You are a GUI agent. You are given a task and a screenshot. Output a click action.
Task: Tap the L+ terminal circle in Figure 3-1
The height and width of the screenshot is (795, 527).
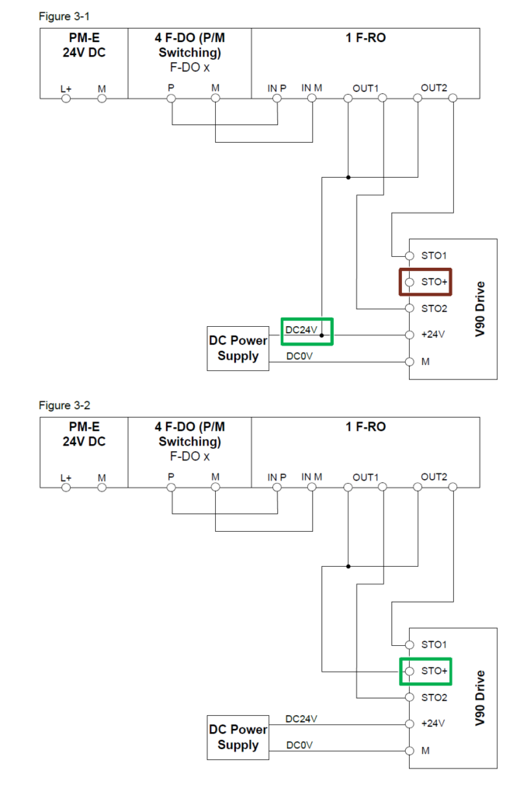66,99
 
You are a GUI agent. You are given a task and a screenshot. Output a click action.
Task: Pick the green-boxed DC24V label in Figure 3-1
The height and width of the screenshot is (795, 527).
301,330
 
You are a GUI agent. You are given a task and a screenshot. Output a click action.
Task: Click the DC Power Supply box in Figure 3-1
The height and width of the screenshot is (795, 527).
237,349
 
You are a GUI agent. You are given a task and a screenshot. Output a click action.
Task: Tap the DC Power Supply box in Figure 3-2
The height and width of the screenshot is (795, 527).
237,738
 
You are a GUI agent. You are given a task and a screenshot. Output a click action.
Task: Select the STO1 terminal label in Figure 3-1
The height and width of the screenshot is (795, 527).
434,255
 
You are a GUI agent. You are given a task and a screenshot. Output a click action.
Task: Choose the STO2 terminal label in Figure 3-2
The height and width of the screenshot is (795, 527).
434,697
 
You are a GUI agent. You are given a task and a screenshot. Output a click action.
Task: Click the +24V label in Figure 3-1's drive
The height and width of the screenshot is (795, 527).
432,335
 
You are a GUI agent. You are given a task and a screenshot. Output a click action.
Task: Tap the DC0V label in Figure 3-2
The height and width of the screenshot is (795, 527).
300,745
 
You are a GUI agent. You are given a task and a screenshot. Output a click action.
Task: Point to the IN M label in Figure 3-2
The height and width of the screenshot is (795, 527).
312,477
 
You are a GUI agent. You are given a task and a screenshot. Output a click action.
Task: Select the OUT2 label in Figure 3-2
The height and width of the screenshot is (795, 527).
434,477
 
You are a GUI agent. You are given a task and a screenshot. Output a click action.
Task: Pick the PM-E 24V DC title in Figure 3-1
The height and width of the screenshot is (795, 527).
83,43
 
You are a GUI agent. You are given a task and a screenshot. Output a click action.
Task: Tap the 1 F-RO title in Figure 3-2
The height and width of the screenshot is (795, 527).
366,426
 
